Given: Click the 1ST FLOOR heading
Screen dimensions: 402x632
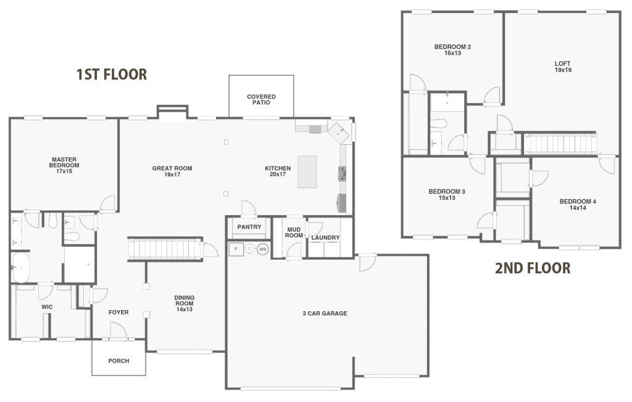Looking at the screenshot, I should tap(111, 75).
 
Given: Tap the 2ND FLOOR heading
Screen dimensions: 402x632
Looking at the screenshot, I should tap(533, 268).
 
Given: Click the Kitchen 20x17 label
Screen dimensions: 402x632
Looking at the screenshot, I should tap(278, 171).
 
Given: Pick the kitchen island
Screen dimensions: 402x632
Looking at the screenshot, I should tap(307, 171).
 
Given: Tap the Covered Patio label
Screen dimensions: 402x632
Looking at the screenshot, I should tap(261, 99).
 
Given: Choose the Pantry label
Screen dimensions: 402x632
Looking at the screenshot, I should tap(249, 227).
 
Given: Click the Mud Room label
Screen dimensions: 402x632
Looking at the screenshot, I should tap(294, 232).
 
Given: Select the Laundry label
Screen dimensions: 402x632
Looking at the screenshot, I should tap(325, 237).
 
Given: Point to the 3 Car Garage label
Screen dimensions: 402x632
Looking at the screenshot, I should tap(325, 313).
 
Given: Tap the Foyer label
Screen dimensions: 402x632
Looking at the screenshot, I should tap(118, 312).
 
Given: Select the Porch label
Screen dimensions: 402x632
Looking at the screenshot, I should tap(118, 361).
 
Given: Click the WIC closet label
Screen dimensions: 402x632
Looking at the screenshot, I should tap(47, 306).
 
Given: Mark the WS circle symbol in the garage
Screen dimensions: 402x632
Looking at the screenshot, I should tap(263, 249).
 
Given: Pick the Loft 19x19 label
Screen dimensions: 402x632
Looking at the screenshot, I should tap(562, 67).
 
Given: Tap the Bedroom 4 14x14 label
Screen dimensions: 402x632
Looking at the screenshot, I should tap(578, 205).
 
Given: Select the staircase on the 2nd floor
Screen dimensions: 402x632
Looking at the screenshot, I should tap(559, 144).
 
